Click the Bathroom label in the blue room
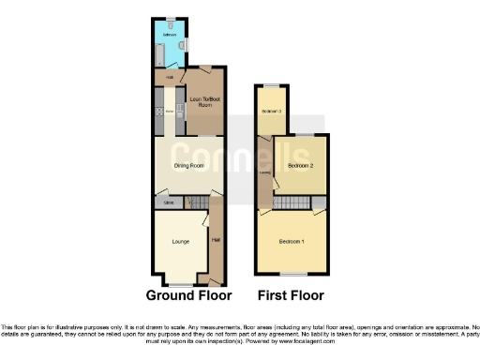coord(170,35)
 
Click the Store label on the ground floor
coord(168,202)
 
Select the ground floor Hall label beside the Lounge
coord(217,241)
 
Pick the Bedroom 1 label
coord(292,242)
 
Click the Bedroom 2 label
coord(300,165)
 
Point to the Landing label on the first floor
coord(264,172)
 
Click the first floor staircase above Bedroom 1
coord(293,203)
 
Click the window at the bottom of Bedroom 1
coord(292,274)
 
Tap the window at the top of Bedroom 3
coord(271,86)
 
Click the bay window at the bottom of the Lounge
coord(181,283)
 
